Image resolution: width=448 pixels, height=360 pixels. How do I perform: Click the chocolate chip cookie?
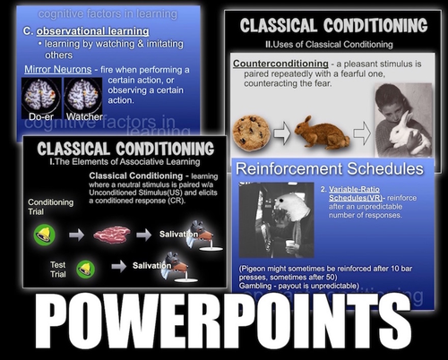tap(251, 133)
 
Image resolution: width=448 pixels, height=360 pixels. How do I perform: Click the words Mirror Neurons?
tap(61, 68)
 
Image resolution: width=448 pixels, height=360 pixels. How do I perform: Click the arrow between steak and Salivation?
tap(143, 235)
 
